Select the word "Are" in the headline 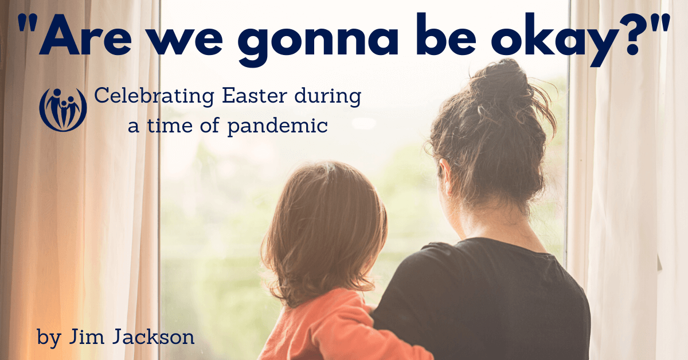click(86, 34)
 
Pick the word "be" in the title click(446, 34)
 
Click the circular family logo click(63, 109)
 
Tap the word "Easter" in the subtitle click(255, 96)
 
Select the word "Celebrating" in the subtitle click(154, 96)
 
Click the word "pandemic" click(277, 127)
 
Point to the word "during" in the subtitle click(328, 97)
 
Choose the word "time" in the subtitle click(170, 126)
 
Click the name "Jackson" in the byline click(153, 336)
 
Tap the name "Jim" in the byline click(87, 336)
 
